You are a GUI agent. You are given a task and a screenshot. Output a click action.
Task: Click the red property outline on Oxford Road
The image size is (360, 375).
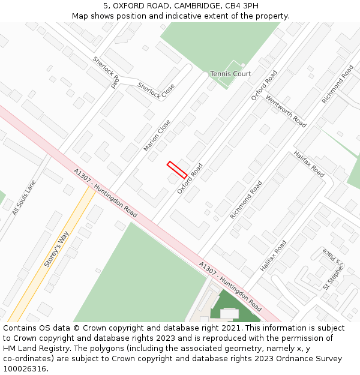[x=177, y=170]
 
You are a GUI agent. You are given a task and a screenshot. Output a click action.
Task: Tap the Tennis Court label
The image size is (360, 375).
[x=230, y=74]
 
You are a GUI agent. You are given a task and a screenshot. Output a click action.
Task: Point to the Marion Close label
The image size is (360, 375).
[x=157, y=135]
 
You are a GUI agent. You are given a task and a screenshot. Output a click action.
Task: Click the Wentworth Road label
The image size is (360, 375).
[x=286, y=112]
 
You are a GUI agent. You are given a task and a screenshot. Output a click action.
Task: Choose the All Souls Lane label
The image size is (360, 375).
[x=24, y=197]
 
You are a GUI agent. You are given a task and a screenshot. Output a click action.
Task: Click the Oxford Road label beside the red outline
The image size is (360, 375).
[x=190, y=178]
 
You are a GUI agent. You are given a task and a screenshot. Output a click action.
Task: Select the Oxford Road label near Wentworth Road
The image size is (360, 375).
[x=264, y=85]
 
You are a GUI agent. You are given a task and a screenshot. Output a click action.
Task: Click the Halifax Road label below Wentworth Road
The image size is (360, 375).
[x=309, y=164]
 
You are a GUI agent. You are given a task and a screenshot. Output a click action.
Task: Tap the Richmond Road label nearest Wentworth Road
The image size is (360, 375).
[x=337, y=85]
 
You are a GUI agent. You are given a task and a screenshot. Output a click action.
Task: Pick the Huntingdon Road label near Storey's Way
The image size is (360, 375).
[x=106, y=193]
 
